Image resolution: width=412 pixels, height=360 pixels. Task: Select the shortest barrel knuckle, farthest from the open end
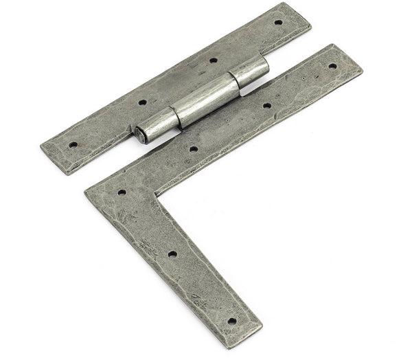(x=251, y=71)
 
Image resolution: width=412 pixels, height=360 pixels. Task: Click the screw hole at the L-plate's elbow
(x=122, y=193)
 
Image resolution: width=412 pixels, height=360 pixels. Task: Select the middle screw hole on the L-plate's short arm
(x=172, y=254)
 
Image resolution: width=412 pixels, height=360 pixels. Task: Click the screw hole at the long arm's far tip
(x=333, y=66)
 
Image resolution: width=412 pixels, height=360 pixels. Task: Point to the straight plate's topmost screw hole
(x=278, y=22)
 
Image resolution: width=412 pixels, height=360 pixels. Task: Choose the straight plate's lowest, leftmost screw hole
(x=73, y=145)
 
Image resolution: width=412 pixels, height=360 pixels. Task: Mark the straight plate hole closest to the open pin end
(x=143, y=102)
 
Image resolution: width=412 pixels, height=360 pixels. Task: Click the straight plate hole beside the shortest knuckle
(x=213, y=60)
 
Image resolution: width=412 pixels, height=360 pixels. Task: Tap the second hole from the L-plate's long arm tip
(x=267, y=106)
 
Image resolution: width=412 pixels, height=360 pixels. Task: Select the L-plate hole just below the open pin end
(x=194, y=148)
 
